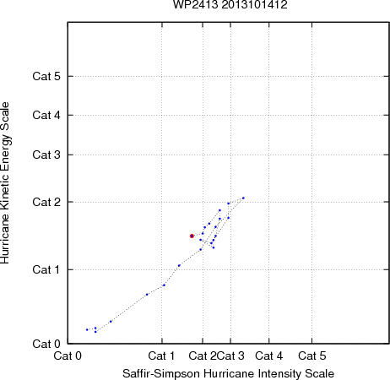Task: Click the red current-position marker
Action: pos(192,236)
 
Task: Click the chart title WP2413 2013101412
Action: pos(230,4)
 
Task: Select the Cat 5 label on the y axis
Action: pos(46,76)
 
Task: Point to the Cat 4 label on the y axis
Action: pos(46,115)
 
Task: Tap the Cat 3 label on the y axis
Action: pos(46,155)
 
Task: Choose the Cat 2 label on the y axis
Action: pos(46,202)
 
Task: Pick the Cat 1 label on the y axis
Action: pos(46,269)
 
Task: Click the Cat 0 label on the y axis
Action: pos(46,344)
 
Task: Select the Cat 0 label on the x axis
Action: pos(68,356)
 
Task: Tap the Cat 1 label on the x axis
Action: pos(161,356)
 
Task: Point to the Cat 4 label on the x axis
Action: pos(268,356)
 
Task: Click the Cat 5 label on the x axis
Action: pos(312,356)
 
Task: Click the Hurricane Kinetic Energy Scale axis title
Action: pos(5,183)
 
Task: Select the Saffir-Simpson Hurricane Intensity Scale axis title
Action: pos(228,374)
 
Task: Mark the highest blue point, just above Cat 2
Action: pos(243,198)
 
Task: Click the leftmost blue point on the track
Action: pos(87,329)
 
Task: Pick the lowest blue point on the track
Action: pos(95,332)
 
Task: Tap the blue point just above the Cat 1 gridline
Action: pos(179,265)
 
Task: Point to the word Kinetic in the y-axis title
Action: pos(5,192)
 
